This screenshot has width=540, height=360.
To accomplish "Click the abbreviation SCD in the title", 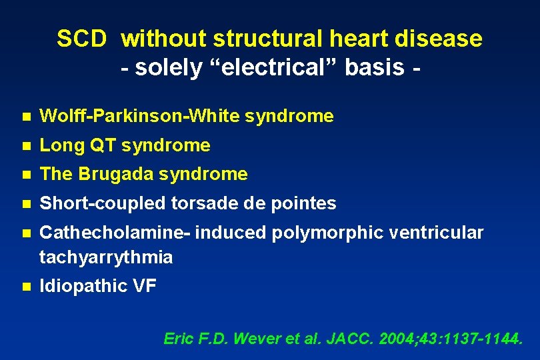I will point(81,39).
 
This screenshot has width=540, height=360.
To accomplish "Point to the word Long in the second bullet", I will point(58,145).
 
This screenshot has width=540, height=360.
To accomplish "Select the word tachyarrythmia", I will point(106,257).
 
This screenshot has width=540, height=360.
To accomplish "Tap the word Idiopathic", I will point(81,286).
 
